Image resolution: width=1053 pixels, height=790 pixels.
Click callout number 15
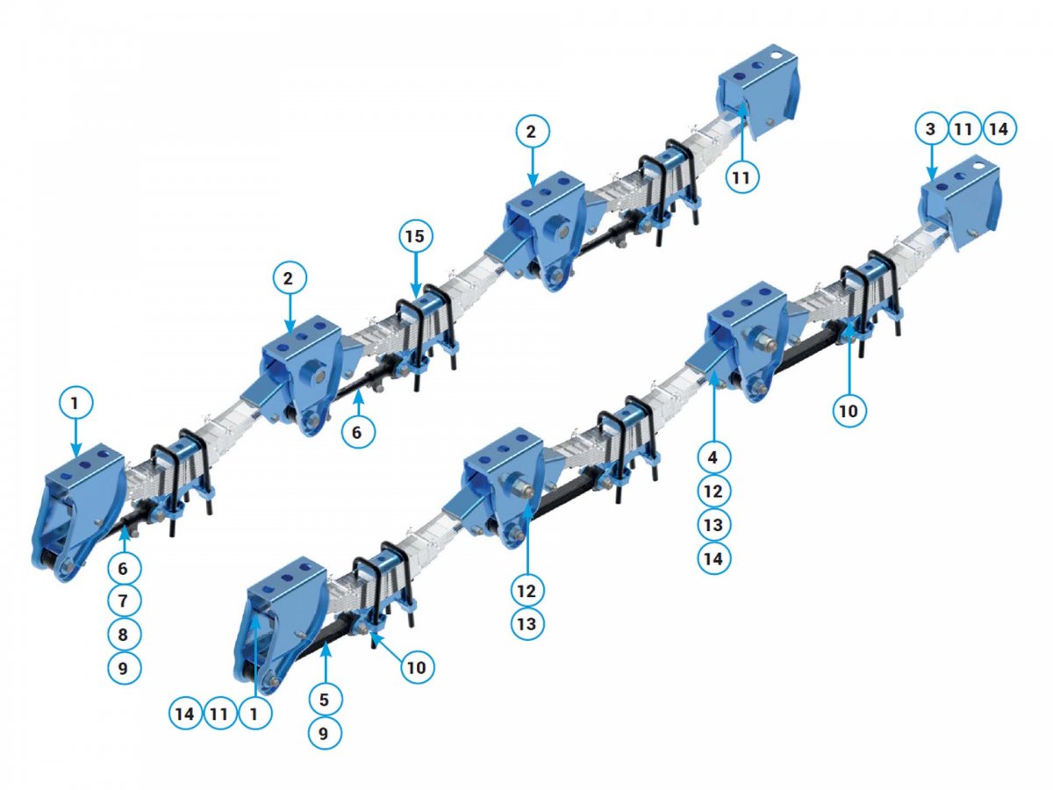tap(415, 236)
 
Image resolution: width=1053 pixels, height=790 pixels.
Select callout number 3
tap(930, 128)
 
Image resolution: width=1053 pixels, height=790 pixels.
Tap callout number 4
tap(713, 457)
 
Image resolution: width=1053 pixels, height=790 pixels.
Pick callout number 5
tap(325, 700)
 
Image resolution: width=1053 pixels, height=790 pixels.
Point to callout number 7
tap(123, 600)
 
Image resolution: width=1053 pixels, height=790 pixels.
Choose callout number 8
tap(123, 634)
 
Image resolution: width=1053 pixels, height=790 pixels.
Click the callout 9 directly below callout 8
tap(123, 668)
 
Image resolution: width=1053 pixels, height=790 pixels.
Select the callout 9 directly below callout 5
tap(325, 733)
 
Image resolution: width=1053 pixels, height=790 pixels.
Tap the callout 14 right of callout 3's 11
tap(999, 128)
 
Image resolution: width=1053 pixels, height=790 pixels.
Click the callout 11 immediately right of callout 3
tap(963, 128)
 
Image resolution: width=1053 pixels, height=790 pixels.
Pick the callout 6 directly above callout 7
tap(123, 568)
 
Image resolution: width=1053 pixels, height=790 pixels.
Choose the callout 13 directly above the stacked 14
tap(713, 525)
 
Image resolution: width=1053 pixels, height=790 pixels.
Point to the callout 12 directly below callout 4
tap(713, 492)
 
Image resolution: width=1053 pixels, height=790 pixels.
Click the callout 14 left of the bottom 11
tap(184, 715)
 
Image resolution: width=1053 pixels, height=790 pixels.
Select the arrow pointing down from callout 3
tap(931, 163)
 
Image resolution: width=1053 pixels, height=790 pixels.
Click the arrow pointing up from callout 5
tap(326, 663)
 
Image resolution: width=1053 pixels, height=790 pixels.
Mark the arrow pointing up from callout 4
tap(714, 407)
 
